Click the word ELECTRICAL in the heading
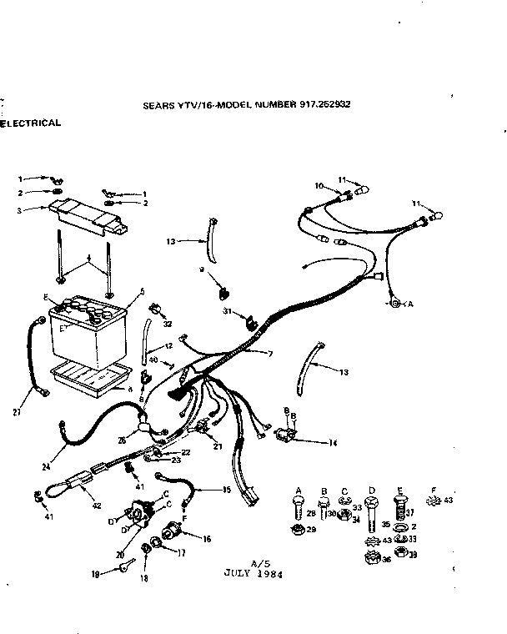[31, 123]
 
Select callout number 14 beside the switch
[333, 442]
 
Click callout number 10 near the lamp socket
[318, 185]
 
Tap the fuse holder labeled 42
[80, 487]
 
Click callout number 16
[207, 540]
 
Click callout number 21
[218, 446]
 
